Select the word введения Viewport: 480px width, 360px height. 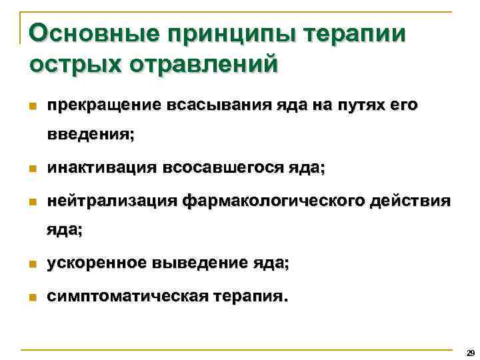click(90, 134)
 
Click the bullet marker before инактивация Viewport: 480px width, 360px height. click(32, 170)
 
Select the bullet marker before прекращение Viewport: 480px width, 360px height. click(32, 106)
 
